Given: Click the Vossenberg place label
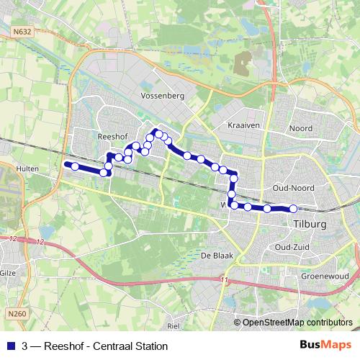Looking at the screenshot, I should pyautogui.click(x=164, y=95).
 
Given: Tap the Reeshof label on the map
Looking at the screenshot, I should pyautogui.click(x=112, y=135).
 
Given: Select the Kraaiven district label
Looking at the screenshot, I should pyautogui.click(x=243, y=125).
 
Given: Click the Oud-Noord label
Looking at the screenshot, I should pyautogui.click(x=292, y=188).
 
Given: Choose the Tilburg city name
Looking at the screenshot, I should pyautogui.click(x=310, y=224).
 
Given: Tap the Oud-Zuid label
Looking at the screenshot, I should pyautogui.click(x=292, y=246).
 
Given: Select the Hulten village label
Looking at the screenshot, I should pyautogui.click(x=26, y=168).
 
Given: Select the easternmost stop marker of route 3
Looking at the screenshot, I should pyautogui.click(x=293, y=209).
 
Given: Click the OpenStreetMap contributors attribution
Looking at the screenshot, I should pyautogui.click(x=297, y=323).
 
